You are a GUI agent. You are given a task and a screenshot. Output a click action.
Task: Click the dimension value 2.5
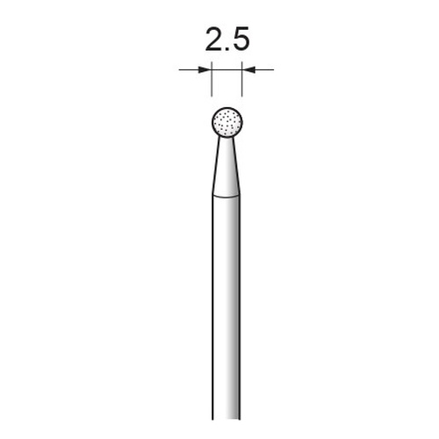tap(227, 40)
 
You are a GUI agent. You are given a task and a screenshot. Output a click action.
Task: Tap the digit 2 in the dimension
tap(214, 40)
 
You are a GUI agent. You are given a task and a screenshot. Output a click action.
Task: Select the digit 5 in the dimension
tap(241, 40)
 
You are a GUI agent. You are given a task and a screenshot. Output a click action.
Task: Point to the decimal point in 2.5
tap(227, 50)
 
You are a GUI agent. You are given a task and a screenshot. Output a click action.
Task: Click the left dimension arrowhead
tap(205, 69)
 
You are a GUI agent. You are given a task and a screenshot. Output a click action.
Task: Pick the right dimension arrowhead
tap(248, 69)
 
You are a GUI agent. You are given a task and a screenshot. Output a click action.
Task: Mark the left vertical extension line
tap(212, 79)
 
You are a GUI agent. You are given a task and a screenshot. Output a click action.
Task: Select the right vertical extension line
tap(242, 79)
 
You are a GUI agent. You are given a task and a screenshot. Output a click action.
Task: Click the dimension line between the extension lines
tap(227, 69)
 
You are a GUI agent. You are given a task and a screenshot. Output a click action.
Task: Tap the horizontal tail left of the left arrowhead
tap(189, 69)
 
